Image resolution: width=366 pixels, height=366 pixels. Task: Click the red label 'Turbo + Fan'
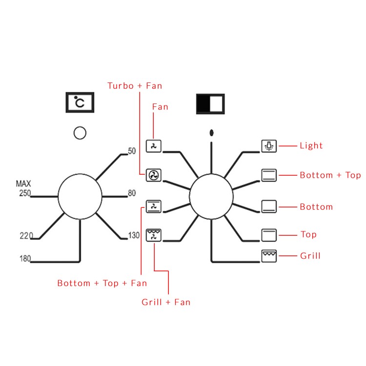coord(135,86)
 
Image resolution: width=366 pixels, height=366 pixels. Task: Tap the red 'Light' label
coord(311,146)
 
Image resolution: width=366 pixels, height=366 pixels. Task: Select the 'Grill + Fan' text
coord(166,302)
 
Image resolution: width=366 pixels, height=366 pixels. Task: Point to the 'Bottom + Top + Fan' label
coord(102,283)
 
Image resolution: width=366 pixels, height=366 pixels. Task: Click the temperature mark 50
coord(132,151)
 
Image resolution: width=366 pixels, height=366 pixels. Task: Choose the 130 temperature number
coord(134,236)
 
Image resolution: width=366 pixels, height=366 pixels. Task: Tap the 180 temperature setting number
coord(25,258)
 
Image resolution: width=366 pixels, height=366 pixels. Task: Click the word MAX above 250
coord(23,184)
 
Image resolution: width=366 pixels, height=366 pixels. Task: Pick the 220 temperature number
coord(27,236)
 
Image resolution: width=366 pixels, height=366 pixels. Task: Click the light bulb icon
coord(269,146)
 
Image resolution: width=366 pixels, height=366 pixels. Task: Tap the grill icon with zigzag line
coord(269,256)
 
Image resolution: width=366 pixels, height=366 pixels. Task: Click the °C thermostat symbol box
coord(80,102)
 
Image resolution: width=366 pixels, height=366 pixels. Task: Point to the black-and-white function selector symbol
coord(210,103)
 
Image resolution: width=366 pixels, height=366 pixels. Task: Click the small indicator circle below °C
coord(80,132)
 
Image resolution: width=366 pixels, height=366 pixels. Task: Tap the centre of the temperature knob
coord(80,197)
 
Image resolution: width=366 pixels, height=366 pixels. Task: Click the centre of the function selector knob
coord(211,197)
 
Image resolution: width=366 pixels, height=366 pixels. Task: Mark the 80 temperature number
coord(132,193)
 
